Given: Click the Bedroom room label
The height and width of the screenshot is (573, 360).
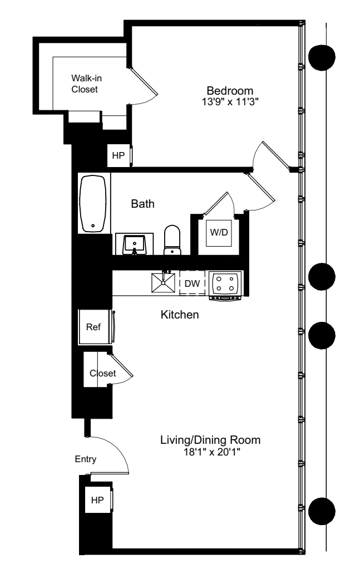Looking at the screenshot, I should pos(230,91).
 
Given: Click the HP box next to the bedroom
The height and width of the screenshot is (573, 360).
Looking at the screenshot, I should pos(119,155).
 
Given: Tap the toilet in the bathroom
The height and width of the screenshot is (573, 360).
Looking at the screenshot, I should pos(172,241).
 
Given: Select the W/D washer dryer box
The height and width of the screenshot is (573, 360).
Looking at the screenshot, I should pos(218,232).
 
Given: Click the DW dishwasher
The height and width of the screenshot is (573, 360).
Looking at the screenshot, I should pos(192,283).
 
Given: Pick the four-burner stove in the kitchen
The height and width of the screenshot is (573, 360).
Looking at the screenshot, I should pos(226,282).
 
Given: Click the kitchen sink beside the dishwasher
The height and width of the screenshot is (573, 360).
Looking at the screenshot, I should pos(164,282).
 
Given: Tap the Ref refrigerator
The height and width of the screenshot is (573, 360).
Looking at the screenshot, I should pos(95,326).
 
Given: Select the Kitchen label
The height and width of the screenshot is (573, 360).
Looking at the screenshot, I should pos(180,315).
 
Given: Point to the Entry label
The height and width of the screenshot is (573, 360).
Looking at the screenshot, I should pos(86,459).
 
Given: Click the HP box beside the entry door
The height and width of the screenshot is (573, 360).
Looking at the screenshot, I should pos(97,500).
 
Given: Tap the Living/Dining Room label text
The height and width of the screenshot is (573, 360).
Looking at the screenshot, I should pos(210,440).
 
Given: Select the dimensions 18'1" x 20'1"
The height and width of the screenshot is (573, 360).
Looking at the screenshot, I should pos(210,451).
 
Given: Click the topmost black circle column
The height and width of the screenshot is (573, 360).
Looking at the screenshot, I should pos(322,57).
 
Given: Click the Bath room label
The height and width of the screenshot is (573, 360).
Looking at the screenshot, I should pos(142,204).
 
